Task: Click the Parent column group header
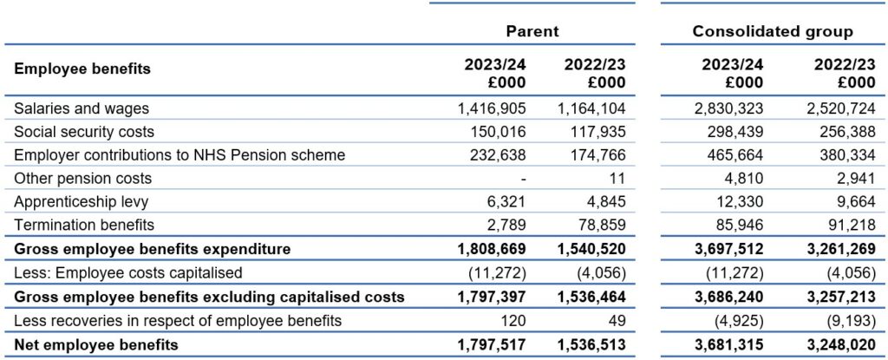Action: point(532,31)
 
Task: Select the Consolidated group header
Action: point(773,31)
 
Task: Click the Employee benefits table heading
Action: point(82,69)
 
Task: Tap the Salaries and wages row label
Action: point(81,108)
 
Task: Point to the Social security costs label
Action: point(84,132)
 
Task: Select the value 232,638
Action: point(498,154)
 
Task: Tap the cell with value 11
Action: point(618,178)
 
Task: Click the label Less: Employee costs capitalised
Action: point(128,272)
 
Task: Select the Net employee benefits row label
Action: point(95,344)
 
